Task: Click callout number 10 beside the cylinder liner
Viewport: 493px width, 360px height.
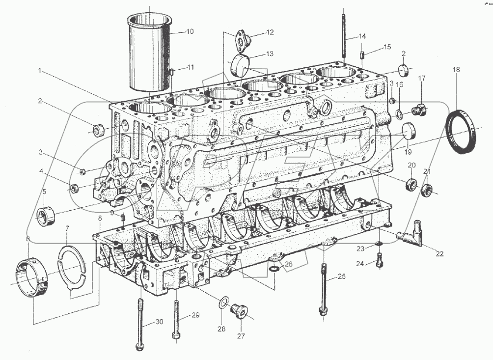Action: pos(190,31)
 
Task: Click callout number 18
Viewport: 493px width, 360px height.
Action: pos(457,70)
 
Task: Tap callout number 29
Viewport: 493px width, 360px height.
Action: pos(195,315)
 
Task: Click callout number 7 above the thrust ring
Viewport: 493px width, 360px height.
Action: pos(68,229)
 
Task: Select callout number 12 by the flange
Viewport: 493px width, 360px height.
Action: pos(270,32)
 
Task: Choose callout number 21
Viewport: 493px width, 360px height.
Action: pos(427,171)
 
